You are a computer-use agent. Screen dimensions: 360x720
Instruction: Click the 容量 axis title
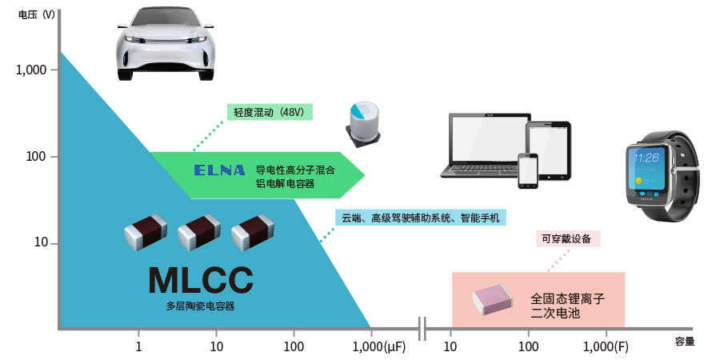click(684, 342)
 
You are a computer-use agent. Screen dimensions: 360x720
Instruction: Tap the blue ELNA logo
click(219, 170)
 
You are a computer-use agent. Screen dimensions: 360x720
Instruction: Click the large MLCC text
click(200, 281)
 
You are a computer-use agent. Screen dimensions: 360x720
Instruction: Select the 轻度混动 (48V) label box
click(269, 112)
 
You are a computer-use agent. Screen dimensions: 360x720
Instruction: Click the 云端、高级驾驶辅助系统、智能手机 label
click(421, 218)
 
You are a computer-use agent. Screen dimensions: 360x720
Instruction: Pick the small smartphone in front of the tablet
click(530, 170)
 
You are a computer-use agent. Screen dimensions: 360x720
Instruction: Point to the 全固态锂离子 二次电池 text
click(566, 306)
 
